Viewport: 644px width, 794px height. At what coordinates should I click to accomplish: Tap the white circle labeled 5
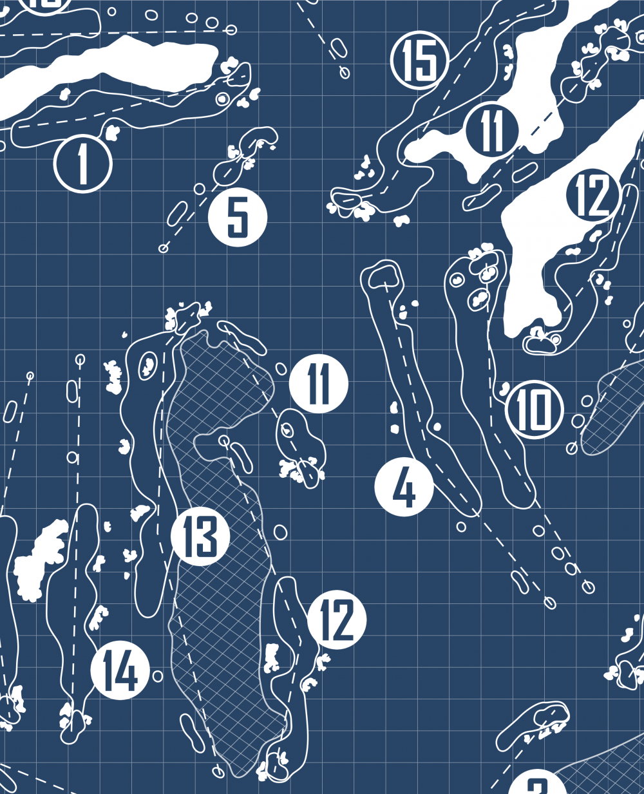238,218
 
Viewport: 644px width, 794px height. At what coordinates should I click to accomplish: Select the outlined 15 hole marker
420,60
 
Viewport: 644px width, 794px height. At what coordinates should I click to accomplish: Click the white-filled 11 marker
319,384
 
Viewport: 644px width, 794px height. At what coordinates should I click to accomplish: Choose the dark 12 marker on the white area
593,195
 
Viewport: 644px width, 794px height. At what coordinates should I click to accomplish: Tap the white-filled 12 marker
337,619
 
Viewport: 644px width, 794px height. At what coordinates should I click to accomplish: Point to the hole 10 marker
535,410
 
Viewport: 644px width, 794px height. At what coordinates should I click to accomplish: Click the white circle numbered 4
404,487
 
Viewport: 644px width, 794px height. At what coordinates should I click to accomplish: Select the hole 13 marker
200,536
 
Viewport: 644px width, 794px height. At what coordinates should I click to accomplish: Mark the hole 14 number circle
120,670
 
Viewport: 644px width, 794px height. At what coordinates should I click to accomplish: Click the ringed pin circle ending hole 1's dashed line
223,99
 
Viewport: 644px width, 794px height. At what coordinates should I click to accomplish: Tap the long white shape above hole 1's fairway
109,71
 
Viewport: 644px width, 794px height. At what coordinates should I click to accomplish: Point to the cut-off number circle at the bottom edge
538,785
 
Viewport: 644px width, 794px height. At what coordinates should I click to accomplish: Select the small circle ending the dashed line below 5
164,248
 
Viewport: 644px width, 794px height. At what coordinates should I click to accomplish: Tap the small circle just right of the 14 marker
158,676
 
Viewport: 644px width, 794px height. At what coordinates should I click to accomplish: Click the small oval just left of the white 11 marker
281,368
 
